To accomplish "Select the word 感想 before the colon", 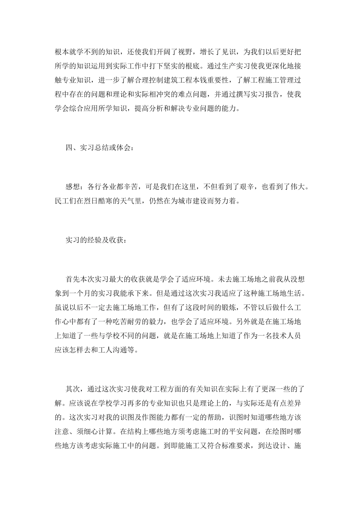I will pyautogui.click(x=73, y=187).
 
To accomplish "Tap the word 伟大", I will pyautogui.click(x=296, y=187).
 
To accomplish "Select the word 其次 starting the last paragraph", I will pyautogui.click(x=73, y=389).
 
